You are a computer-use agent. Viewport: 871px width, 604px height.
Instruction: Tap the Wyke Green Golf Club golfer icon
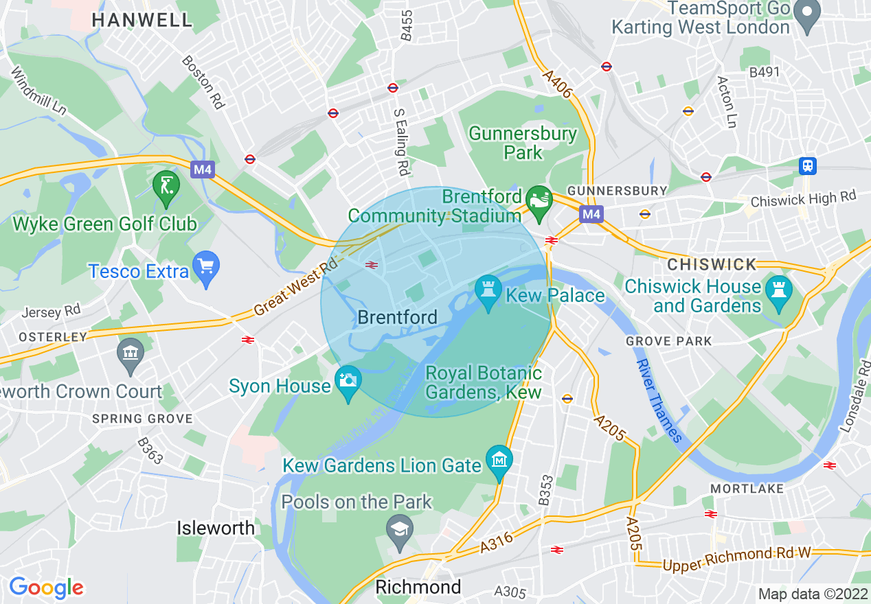(166, 185)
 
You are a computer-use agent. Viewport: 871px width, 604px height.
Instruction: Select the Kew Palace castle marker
(488, 290)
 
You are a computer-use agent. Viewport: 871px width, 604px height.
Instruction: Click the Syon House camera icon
(348, 380)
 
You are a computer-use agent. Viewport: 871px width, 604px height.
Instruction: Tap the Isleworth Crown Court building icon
(130, 353)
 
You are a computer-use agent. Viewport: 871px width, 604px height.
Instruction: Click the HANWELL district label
(142, 20)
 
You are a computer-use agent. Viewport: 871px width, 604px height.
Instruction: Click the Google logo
(46, 588)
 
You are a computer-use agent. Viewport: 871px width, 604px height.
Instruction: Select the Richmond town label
(418, 588)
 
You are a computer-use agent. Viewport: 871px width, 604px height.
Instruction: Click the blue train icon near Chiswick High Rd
(808, 165)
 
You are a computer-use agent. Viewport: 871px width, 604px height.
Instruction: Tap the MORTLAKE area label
(747, 489)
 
